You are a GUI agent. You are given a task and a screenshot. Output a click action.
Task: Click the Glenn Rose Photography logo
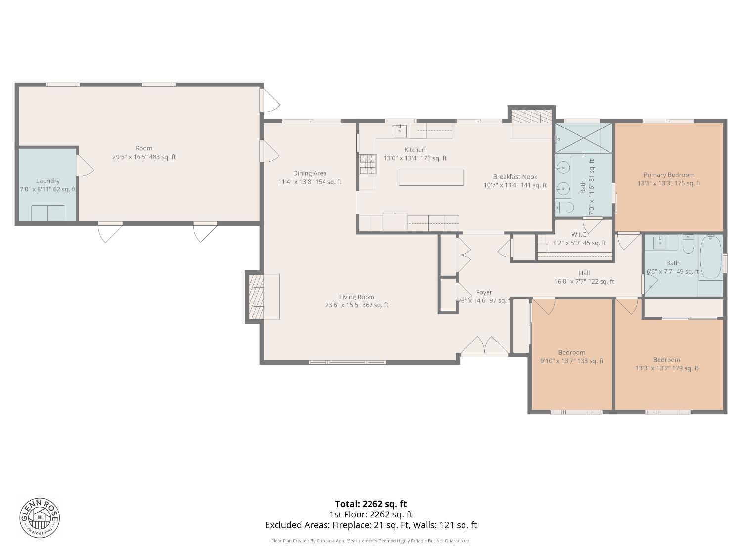pos(40,517)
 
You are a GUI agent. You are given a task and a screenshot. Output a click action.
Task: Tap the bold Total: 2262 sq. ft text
pos(371,504)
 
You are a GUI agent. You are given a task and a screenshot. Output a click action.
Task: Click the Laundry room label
pos(48,185)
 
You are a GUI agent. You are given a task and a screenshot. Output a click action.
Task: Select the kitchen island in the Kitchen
pos(431,177)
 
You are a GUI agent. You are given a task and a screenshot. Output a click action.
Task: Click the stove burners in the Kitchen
pos(368,165)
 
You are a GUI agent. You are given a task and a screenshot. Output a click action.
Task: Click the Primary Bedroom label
pos(669,179)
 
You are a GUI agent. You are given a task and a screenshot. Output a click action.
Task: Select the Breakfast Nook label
pos(515,181)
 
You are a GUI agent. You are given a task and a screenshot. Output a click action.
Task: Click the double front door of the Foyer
pos(484,345)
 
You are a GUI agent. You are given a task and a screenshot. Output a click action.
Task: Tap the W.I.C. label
pos(579,239)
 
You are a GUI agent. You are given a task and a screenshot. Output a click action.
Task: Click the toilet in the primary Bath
pos(564,207)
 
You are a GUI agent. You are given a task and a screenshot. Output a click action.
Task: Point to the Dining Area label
pos(310,177)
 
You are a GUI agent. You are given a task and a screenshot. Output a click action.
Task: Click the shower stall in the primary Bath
pos(583,138)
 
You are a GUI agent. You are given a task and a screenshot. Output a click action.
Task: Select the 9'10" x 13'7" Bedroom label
pos(572,357)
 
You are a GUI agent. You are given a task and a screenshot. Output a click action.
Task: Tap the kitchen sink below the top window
pos(400,131)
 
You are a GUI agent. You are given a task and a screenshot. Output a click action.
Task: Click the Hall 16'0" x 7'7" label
pos(584,277)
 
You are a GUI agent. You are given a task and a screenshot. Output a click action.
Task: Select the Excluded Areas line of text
pos(371,525)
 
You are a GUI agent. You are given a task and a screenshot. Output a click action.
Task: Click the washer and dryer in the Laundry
pos(47,213)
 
